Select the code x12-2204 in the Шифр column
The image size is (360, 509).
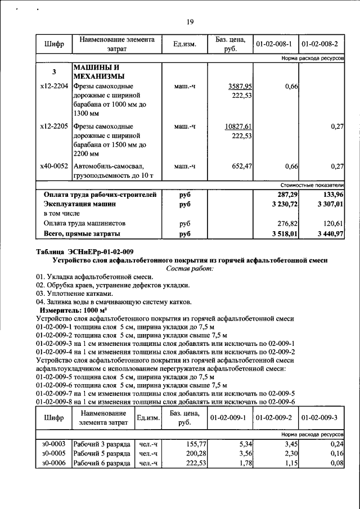coord(54,86)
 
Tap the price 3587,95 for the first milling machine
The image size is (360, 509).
coord(240,86)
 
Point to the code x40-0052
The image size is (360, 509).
coord(54,166)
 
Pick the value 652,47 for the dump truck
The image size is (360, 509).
coord(242,166)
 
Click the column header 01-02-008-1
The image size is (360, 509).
coord(275,43)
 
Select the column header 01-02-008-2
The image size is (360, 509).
coord(320,43)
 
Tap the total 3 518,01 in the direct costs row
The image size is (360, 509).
coord(283,233)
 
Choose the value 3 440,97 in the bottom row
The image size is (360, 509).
coord(328,233)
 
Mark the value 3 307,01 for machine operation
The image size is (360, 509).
coord(328,204)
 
